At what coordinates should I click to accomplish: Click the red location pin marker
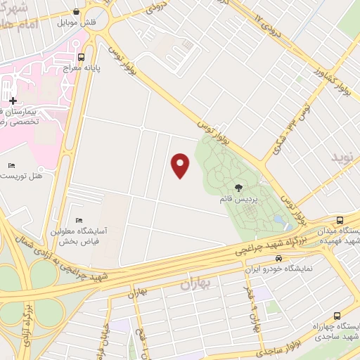[x=181, y=165]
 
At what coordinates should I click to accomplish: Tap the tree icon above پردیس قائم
[x=238, y=187]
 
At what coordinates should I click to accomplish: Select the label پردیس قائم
[x=238, y=199]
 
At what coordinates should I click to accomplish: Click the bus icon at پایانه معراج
[x=81, y=58]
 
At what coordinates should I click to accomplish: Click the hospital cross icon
[x=13, y=101]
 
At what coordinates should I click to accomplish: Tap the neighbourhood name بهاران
[x=196, y=284]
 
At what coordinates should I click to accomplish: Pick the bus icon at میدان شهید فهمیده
[x=340, y=220]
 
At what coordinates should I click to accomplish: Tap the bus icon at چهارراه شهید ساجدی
[x=337, y=316]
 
